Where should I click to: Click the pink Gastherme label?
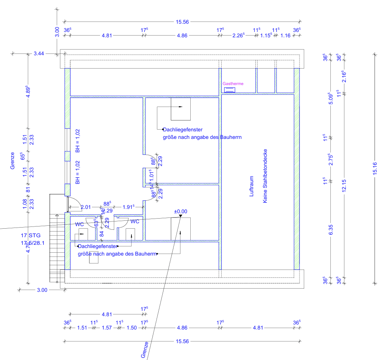click(x=233, y=84)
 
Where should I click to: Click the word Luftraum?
click(x=252, y=186)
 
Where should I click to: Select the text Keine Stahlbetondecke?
click(x=265, y=176)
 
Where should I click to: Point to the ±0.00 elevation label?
click(x=181, y=211)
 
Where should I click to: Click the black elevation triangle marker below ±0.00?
click(x=181, y=216)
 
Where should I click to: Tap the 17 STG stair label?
click(x=31, y=236)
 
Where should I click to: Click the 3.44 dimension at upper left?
click(x=38, y=54)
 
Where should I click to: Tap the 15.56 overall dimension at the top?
click(x=182, y=22)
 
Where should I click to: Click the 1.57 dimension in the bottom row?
click(x=107, y=328)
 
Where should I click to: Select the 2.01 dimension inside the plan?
click(x=85, y=207)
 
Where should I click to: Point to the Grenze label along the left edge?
click(x=13, y=161)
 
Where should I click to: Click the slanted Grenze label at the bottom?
click(x=145, y=350)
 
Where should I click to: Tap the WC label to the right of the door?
click(x=135, y=222)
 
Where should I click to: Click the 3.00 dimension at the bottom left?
click(x=42, y=290)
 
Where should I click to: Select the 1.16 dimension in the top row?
click(x=285, y=36)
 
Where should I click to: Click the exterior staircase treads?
click(x=55, y=248)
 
